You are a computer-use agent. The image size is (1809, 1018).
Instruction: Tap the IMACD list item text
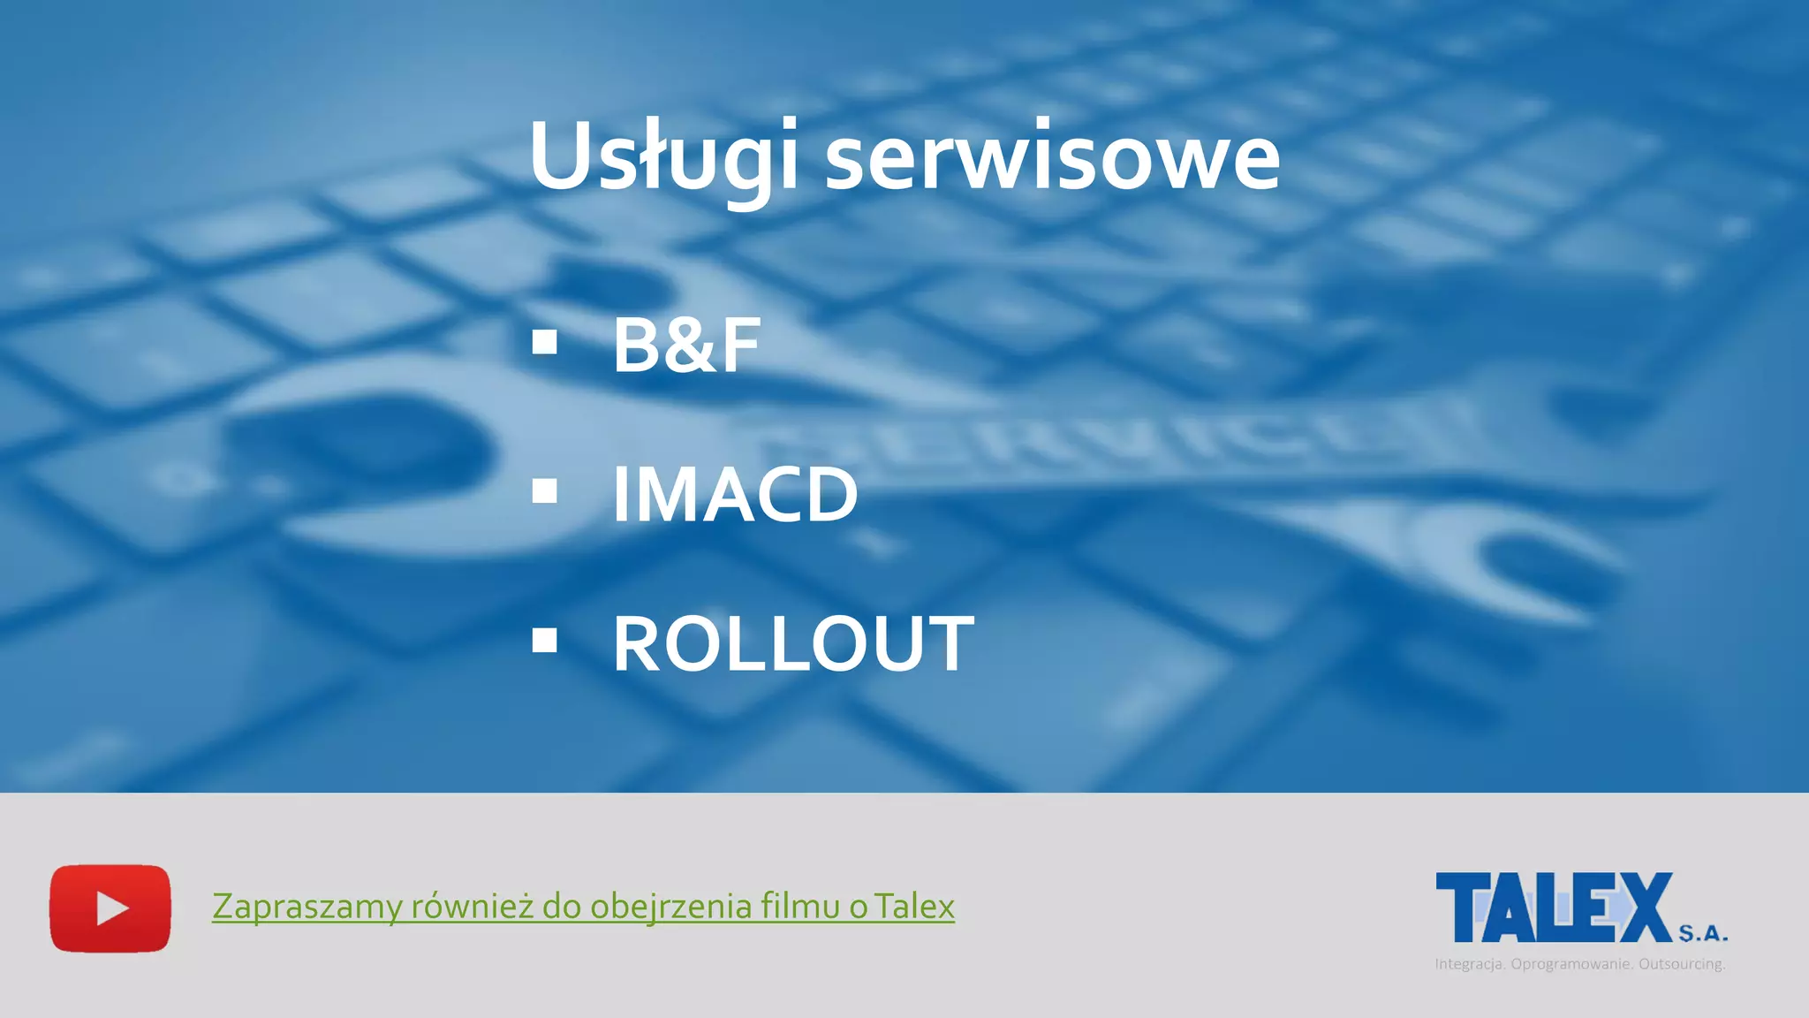coord(735,495)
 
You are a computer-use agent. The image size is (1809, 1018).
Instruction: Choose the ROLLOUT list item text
coord(793,644)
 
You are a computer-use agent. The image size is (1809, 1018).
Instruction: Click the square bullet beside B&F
coord(545,343)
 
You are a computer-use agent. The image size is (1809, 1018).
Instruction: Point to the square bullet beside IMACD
coord(545,491)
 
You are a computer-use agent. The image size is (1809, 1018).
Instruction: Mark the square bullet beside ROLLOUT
coord(545,641)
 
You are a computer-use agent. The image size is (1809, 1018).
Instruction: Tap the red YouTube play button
coord(110,908)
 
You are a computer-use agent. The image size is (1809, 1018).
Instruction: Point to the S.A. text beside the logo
coord(1703,933)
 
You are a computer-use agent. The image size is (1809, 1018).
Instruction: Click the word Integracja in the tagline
coord(1470,964)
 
